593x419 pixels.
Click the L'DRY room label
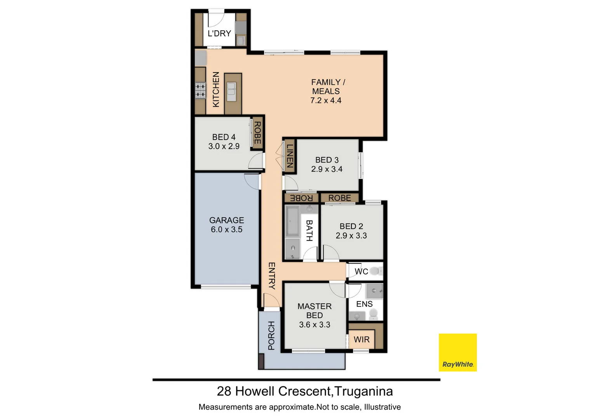point(219,33)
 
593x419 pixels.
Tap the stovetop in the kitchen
point(200,90)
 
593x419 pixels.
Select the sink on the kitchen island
point(231,92)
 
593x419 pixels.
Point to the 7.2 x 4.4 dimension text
point(326,100)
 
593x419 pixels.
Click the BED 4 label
point(224,137)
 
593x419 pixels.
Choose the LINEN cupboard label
point(289,156)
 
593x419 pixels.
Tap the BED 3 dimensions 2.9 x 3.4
point(327,169)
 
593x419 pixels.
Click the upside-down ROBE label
point(301,198)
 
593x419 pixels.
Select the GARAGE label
point(226,220)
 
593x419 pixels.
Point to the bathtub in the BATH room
point(292,221)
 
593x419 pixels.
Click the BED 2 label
point(351,226)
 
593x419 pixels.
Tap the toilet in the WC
point(374,271)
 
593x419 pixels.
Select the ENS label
point(364,304)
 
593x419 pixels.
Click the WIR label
point(362,339)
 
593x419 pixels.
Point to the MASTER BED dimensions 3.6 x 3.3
point(315,325)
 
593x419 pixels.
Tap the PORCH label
point(271,335)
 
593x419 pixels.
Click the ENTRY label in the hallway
point(271,275)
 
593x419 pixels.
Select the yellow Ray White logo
point(457,352)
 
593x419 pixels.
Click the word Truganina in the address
point(363,391)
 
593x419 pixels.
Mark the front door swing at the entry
point(271,300)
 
